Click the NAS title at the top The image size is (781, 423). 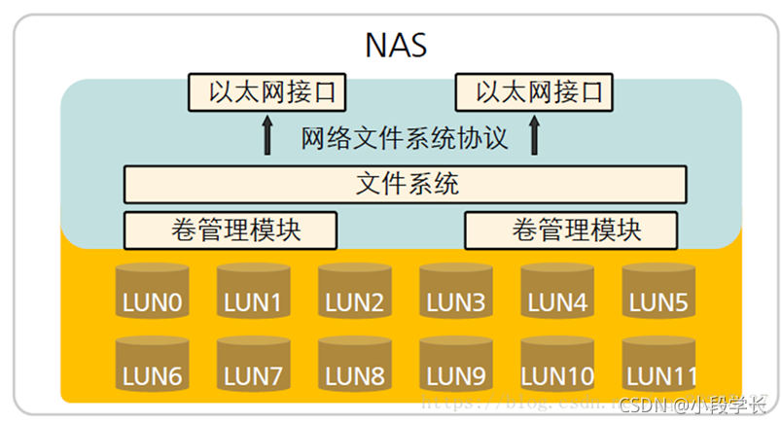[x=396, y=46]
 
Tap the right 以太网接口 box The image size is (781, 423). [x=536, y=93]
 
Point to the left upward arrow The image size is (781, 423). [x=268, y=136]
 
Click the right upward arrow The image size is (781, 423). [x=534, y=136]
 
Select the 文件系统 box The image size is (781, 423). [x=406, y=183]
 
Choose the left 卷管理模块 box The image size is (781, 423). [x=231, y=230]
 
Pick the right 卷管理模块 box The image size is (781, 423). [x=571, y=230]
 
